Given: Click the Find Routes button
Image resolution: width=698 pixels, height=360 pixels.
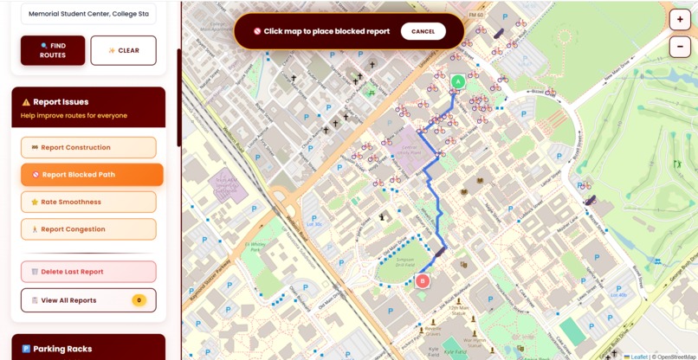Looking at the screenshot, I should point(53,50).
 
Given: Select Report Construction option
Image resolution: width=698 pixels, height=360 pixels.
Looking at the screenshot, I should point(88,147).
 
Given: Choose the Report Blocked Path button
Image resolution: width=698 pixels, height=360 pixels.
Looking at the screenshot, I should point(92,175).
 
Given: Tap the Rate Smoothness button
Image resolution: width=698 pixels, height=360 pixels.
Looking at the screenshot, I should point(88,202).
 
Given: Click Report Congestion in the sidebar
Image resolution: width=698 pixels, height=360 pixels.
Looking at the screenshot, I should point(88,229).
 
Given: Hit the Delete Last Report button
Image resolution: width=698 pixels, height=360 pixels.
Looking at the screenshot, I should point(88,272).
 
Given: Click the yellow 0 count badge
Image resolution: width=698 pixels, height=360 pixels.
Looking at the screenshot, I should point(139,300).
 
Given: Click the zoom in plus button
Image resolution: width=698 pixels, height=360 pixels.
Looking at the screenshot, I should point(680,21).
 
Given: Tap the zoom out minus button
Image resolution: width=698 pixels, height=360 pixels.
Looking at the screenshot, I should point(680,46).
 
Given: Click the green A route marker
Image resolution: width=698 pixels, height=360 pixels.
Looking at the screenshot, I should point(458,81).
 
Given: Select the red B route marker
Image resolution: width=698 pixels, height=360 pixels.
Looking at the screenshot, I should point(423,280).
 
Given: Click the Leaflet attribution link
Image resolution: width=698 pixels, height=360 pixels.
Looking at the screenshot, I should point(638,356).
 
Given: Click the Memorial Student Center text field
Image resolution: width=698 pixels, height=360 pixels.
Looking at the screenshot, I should point(88,14).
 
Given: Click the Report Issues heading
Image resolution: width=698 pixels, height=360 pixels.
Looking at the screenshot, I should point(61,102).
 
